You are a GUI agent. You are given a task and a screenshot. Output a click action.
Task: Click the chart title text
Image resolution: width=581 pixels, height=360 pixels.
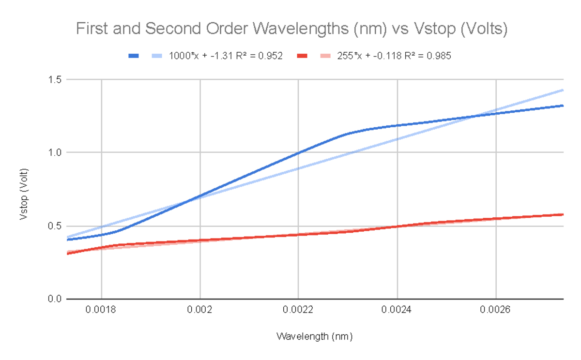291,30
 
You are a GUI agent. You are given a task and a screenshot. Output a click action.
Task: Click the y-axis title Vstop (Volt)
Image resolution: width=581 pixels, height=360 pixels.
23,194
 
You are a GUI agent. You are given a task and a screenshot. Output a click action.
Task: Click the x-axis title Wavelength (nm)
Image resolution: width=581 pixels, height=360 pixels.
314,336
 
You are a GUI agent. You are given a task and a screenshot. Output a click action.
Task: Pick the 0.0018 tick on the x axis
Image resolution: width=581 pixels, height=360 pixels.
101,312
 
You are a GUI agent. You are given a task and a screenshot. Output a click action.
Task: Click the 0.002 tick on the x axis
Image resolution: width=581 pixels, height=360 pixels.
200,312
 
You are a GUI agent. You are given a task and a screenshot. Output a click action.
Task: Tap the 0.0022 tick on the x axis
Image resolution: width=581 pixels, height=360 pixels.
298,312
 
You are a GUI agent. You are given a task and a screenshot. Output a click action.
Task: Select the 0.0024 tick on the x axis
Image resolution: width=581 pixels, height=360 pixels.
397,312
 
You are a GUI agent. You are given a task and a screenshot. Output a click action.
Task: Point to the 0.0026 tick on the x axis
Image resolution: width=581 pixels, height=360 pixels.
496,312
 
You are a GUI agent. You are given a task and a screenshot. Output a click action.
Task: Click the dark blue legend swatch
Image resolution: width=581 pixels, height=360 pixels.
134,56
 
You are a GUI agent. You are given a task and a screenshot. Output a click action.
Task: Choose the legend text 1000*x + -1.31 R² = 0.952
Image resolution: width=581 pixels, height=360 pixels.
226,56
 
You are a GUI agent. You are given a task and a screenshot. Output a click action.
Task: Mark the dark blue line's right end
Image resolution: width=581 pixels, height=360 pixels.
563,105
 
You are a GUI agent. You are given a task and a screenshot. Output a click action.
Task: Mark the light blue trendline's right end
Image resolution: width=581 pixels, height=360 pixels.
563,90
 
